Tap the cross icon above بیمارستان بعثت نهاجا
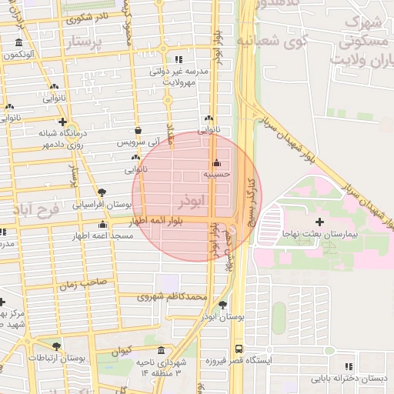point(319,222)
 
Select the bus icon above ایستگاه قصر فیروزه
point(239,348)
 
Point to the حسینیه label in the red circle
point(215,175)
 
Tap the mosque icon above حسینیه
point(216,163)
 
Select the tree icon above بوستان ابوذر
point(222,305)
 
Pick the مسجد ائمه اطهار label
point(103,235)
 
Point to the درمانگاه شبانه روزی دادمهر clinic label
point(63,139)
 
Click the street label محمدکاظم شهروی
point(172,296)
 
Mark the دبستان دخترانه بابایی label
point(349,379)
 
